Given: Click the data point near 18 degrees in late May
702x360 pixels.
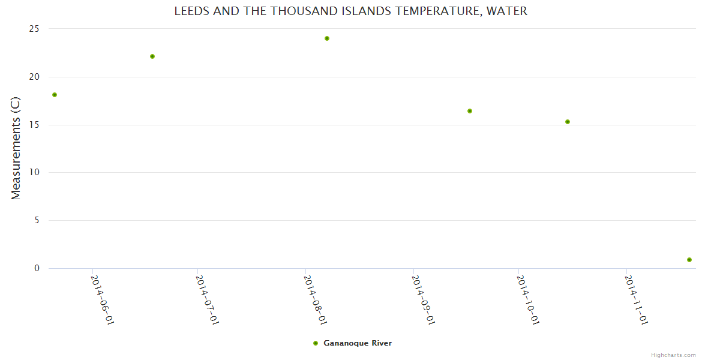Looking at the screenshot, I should click(x=55, y=95).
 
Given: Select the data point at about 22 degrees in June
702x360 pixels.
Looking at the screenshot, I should click(x=152, y=56).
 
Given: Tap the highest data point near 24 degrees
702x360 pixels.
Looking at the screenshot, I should click(x=327, y=38).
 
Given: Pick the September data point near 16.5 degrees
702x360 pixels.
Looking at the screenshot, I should click(x=470, y=111).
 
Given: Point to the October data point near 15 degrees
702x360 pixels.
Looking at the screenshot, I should click(x=568, y=122).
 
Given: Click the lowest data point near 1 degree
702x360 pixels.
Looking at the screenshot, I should click(x=689, y=260).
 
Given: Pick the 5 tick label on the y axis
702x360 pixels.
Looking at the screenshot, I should click(x=37, y=220).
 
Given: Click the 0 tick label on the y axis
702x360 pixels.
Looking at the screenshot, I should click(x=37, y=268).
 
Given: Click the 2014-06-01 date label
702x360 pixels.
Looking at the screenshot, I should click(x=103, y=300).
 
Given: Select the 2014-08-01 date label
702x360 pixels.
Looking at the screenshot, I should click(x=316, y=300).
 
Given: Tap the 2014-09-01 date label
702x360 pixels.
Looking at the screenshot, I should click(x=424, y=300).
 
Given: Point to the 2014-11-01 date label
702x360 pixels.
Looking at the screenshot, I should click(x=637, y=300).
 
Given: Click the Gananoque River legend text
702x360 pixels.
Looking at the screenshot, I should click(x=358, y=343).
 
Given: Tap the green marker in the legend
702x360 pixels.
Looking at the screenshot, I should click(x=316, y=343).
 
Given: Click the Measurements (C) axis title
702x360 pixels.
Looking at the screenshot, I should click(x=16, y=148).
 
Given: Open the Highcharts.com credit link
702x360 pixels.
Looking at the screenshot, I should click(x=673, y=355).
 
